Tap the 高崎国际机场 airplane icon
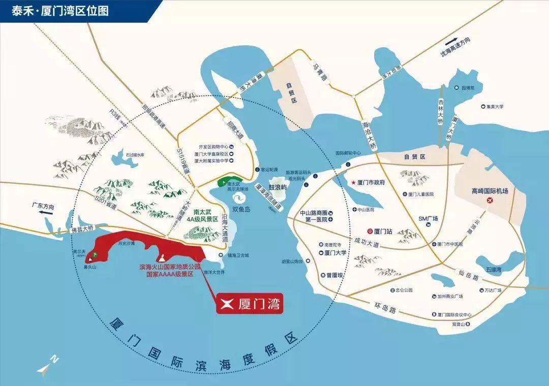490,201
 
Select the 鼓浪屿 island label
278,187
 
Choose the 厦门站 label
381,230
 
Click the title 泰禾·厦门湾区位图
60,11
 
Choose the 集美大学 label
493,107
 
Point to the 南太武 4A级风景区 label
202,215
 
